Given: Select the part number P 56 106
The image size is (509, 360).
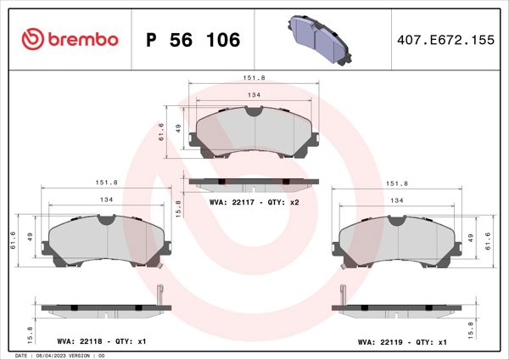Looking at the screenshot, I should pos(193,40).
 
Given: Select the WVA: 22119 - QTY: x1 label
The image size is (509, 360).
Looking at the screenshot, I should pos(401,342).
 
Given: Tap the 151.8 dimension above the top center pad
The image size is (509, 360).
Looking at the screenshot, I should pos(253,78).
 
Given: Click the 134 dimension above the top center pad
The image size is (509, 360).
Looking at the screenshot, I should pos(253,96).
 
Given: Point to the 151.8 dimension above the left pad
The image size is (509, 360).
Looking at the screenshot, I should pos(107,183).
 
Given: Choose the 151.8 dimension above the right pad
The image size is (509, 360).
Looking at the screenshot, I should pos(397,183).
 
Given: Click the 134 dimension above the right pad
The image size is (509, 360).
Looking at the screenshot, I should pos(397,200).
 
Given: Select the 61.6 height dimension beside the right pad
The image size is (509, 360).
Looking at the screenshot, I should pos(489,240).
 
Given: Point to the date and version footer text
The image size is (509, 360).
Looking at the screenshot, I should pos(59,355).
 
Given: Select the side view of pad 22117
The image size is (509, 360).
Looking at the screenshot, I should pos(253,182).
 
